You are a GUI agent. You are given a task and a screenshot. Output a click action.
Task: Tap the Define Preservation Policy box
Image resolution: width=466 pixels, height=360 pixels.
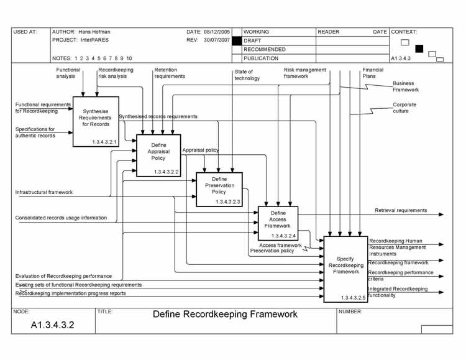coord(219,190)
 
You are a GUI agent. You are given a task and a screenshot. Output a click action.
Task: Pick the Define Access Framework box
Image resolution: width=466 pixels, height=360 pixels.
coord(277,223)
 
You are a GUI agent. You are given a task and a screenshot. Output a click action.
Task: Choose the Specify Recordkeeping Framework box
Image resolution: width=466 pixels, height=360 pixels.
coord(345,269)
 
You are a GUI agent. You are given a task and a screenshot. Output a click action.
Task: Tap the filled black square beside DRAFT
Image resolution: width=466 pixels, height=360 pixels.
coord(236,40)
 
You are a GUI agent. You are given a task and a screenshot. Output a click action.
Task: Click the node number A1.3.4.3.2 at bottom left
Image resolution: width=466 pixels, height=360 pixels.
coord(53,325)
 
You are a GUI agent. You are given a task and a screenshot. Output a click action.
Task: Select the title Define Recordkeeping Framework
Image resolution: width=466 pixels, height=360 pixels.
coord(225,315)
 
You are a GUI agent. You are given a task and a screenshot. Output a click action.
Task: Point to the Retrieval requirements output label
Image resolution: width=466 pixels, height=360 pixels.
coord(401,211)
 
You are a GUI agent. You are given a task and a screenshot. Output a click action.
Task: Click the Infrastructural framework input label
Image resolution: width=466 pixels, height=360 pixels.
coord(44,193)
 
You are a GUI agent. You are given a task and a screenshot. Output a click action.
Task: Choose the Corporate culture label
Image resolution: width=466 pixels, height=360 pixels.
coord(404,108)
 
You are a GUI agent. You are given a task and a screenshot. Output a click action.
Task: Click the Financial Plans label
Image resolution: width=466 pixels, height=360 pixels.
coord(373,73)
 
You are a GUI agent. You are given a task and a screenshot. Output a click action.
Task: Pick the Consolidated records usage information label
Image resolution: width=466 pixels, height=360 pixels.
coord(61,218)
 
